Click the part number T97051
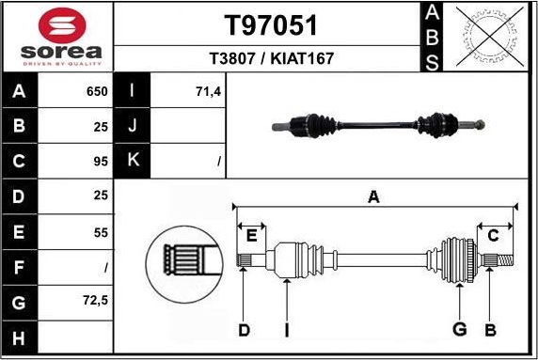[x=270, y=25]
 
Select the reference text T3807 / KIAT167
[x=271, y=58]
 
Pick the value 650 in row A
[x=97, y=92]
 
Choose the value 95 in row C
[x=101, y=162]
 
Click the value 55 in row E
[x=101, y=232]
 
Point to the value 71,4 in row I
[x=206, y=92]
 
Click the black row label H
[x=20, y=337]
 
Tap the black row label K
[x=133, y=161]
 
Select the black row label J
[x=133, y=126]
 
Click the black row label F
[x=20, y=267]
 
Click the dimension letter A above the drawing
[x=373, y=196]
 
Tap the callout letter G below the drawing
[x=460, y=329]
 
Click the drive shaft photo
[x=378, y=123]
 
